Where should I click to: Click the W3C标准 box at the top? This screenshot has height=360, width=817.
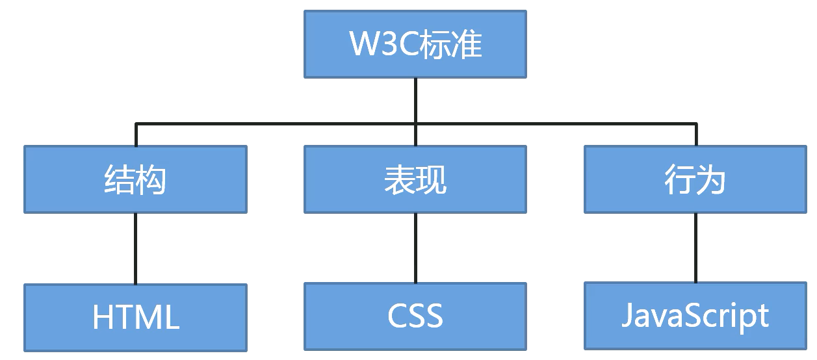coord(415,44)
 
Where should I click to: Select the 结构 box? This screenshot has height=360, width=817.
coord(135,179)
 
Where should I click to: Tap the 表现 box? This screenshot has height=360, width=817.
coord(415,179)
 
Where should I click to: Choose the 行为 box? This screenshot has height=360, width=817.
coord(695,179)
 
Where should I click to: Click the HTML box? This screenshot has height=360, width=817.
coord(135,317)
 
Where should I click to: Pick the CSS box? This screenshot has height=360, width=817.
coord(415,316)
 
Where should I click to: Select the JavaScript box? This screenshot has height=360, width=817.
coord(695,315)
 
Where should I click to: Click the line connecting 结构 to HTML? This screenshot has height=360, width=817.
coord(135,248)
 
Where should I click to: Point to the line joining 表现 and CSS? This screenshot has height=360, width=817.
coord(415,248)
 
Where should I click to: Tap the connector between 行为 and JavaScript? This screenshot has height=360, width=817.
coord(695,248)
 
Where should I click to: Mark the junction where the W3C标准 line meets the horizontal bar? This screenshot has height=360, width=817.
coord(415,123)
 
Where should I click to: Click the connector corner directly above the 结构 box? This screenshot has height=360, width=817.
coord(135,124)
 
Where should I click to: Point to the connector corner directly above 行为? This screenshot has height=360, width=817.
coord(695,124)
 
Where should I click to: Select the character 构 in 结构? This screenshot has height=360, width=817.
coord(151,179)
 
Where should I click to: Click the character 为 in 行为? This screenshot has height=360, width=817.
coord(712,179)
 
